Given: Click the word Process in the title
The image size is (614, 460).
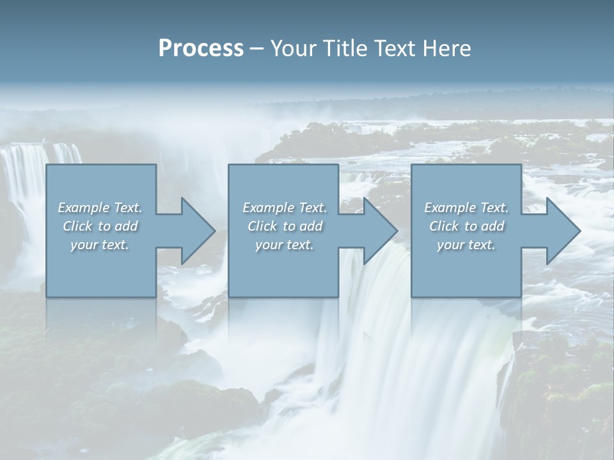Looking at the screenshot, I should tap(201, 49).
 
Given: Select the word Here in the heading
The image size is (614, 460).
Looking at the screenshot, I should tap(447, 49).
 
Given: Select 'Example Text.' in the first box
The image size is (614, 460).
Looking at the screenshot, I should tap(100, 208).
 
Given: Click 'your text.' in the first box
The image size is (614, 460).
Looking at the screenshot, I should tap(100, 245).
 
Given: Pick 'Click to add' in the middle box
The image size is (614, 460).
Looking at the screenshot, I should tap(285, 226).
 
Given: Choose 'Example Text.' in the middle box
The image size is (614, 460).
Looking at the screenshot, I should tap(285, 208).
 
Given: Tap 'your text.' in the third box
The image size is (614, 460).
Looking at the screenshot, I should tap(466, 245).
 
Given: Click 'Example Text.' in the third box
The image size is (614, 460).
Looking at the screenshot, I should tap(466, 208).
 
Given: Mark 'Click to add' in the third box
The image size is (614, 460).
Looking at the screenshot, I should tap(466, 226).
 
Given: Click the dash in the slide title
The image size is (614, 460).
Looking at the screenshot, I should tap(256, 49).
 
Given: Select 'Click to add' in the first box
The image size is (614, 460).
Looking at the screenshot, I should tap(100, 226).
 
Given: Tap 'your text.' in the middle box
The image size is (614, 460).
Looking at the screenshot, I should tap(285, 245).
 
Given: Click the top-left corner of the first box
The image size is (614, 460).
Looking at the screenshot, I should tap(47, 165).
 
